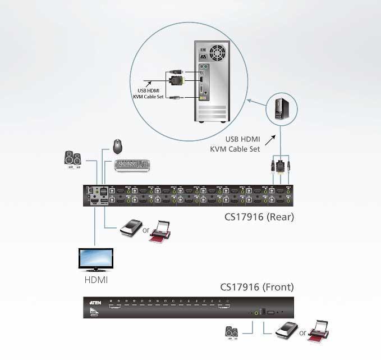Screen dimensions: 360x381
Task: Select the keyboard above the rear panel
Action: point(132,165)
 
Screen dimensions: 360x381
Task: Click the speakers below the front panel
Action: point(232,331)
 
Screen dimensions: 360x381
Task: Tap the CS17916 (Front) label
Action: point(256,288)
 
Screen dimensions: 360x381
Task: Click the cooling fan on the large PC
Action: point(217,54)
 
